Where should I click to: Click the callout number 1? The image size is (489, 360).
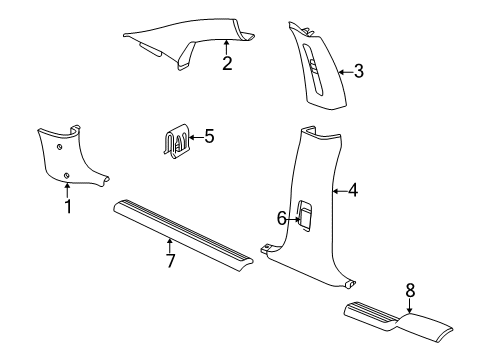tap(67, 207)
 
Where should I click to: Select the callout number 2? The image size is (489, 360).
tap(227, 64)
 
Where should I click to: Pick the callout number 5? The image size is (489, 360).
tap(208, 135)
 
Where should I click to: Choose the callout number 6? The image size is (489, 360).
tap(282, 218)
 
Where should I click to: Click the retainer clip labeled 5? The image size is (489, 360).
tap(176, 142)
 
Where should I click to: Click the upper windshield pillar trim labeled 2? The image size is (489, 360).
tap(190, 40)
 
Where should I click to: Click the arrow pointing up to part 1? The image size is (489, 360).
tap(67, 192)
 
